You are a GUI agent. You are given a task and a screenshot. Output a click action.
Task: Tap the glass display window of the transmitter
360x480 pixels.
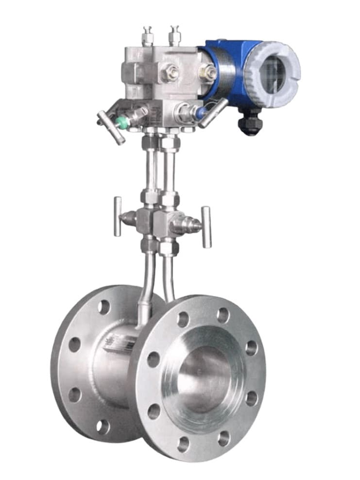click(x=273, y=73)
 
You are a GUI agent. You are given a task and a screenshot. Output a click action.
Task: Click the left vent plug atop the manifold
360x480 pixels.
click(x=147, y=36)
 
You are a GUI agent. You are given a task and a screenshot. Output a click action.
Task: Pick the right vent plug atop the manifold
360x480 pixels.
click(x=174, y=36)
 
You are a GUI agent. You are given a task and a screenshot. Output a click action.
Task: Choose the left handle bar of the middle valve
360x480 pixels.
click(x=117, y=217)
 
